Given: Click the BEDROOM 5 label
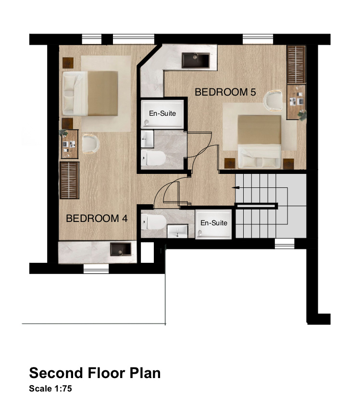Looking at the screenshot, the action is click(225, 92).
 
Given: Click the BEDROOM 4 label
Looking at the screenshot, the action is click(97, 219).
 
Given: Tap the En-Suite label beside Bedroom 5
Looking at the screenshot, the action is click(162, 113).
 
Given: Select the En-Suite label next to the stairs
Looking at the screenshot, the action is click(214, 223).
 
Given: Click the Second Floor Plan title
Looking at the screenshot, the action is click(95, 373).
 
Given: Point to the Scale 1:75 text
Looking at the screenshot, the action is click(50, 389).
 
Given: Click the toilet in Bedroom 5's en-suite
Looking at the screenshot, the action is click(153, 158).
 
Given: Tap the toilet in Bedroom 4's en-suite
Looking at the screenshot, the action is click(153, 222).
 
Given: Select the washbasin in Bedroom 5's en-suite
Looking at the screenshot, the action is click(147, 139).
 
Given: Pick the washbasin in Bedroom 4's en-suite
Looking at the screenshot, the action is click(177, 231).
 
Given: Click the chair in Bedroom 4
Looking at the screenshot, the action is click(90, 144).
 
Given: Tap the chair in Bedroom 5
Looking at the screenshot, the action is click(273, 100).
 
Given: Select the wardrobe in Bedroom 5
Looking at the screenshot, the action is click(296, 64).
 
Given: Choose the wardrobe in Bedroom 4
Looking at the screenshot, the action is click(69, 180).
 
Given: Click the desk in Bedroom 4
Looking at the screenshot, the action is click(70, 144).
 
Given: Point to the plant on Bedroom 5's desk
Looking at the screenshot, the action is click(302, 115).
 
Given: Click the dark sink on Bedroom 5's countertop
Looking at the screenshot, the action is click(196, 61).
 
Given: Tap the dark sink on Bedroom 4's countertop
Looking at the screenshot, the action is click(121, 249).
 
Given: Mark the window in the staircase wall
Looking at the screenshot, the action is click(285, 244).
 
